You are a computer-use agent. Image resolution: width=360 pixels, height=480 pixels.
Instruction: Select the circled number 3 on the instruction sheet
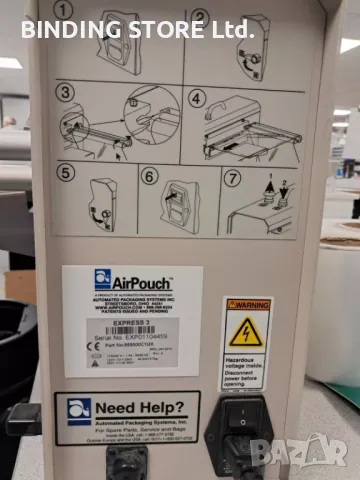[65, 93]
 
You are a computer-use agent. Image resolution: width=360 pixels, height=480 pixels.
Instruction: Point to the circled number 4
[197, 99]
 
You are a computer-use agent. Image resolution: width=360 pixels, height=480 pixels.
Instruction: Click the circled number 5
[65, 172]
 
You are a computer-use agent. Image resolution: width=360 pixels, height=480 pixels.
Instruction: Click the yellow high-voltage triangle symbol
[246, 331]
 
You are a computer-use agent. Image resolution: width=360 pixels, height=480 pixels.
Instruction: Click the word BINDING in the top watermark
[68, 29]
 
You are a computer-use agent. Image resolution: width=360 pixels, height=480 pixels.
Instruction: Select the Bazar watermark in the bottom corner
[300, 453]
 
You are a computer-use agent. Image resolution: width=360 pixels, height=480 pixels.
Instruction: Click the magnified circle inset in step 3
[150, 113]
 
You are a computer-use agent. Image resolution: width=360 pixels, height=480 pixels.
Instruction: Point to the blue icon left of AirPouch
[102, 279]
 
